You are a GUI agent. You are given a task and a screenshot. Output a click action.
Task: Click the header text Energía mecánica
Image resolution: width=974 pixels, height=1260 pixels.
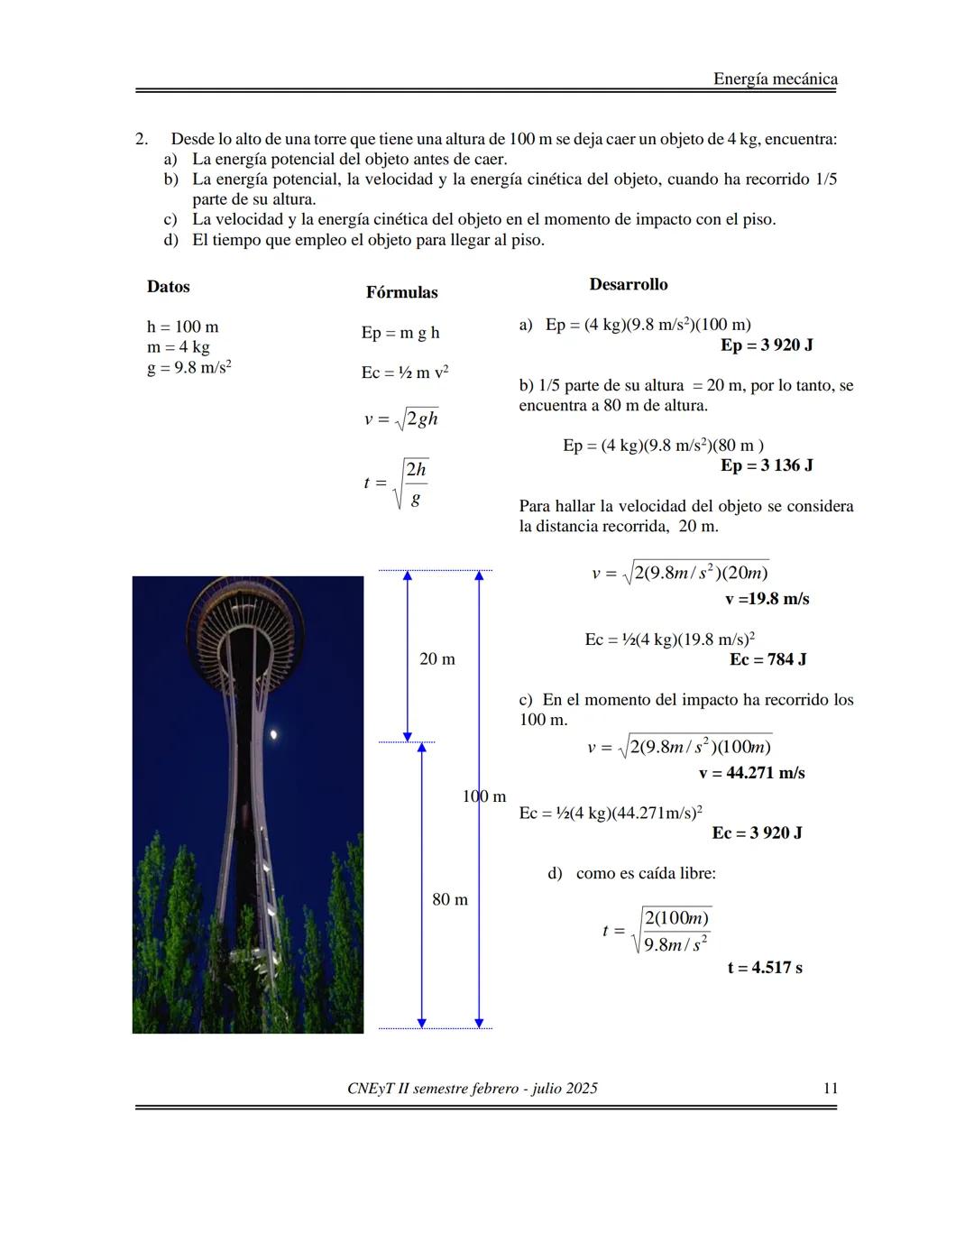775,78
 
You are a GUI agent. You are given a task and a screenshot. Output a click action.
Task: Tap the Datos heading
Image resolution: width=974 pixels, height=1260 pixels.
169,287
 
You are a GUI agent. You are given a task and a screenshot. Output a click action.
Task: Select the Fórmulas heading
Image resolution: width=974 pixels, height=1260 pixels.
401,292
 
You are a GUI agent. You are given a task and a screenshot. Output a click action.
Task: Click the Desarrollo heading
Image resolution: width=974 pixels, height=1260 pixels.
629,284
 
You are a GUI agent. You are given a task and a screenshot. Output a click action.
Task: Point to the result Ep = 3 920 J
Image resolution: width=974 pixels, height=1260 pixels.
767,345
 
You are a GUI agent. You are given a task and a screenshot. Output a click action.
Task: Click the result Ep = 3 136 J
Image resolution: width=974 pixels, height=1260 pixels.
767,465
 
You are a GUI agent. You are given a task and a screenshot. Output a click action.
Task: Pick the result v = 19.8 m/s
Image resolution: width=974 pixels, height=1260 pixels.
767,599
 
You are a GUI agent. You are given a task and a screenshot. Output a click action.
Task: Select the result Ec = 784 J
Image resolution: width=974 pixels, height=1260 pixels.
767,659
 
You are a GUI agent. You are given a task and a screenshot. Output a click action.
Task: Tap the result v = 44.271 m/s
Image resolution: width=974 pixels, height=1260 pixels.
751,773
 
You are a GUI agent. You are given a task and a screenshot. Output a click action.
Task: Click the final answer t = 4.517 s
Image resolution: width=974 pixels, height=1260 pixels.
765,968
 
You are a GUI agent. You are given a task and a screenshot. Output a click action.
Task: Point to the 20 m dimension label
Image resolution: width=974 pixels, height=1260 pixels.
437,659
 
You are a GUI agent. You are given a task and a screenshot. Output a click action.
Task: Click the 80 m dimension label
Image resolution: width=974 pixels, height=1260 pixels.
450,899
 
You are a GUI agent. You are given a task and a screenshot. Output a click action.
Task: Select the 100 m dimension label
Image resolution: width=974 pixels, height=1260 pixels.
484,796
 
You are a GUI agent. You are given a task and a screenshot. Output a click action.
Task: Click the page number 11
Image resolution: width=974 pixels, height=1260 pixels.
831,1088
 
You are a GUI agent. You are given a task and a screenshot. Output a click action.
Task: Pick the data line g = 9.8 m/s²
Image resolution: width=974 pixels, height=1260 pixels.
189,368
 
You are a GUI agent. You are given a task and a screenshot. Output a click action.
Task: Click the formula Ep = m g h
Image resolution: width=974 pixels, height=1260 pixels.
400,333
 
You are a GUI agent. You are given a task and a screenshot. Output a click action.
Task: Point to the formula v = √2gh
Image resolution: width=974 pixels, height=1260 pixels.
401,418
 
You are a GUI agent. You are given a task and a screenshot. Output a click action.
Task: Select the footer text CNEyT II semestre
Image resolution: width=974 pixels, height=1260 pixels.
472,1088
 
